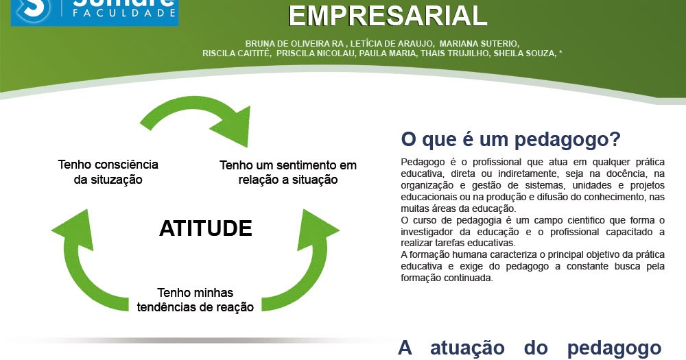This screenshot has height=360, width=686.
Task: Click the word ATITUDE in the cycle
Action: click(205, 228)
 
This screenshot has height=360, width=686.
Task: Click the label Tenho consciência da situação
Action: click(108, 172)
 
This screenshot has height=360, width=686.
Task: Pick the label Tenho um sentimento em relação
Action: click(288, 173)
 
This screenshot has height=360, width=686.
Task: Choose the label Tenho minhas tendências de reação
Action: click(196, 300)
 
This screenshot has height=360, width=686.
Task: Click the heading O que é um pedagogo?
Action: click(510, 139)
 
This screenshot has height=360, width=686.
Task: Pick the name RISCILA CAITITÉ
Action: click(237, 53)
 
